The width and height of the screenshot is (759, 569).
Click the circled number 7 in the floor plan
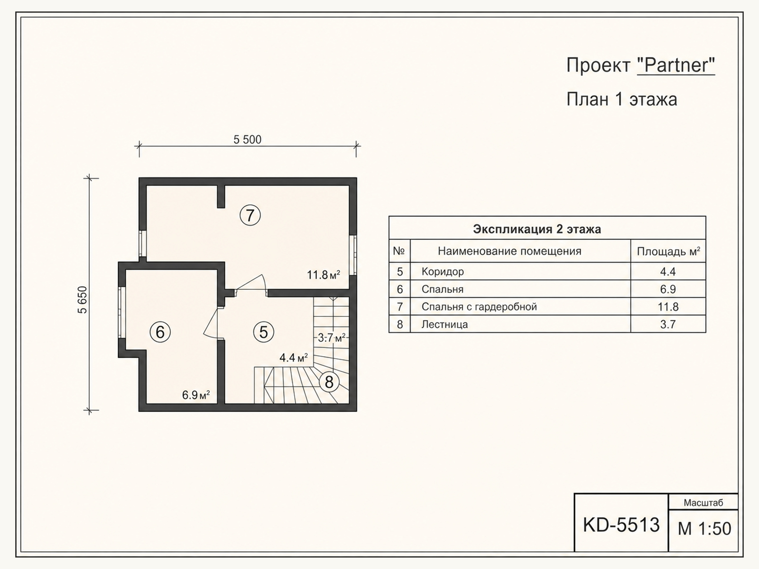250,215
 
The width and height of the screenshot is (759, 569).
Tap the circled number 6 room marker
160,332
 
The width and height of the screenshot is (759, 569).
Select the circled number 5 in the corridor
263,332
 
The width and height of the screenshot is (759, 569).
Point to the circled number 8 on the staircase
329,382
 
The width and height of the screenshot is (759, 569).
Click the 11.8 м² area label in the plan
324,275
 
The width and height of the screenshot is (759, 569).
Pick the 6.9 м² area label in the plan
196,395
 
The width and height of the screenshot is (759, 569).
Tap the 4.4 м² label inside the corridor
294,358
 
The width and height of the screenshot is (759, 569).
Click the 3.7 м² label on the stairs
332,338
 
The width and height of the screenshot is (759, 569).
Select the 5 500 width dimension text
247,139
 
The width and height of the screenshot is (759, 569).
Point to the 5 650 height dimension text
83,300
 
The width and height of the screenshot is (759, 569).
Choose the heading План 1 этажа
622,100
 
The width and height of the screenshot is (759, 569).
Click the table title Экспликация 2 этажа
537,229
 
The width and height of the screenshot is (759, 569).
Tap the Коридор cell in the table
443,272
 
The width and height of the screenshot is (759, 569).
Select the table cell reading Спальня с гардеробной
479,307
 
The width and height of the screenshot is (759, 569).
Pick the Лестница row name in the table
444,324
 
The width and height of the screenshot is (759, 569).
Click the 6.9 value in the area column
668,289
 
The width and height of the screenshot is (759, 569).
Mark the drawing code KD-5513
621,525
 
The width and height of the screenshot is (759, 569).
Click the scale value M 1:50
704,529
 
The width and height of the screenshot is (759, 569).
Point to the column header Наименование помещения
509,251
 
